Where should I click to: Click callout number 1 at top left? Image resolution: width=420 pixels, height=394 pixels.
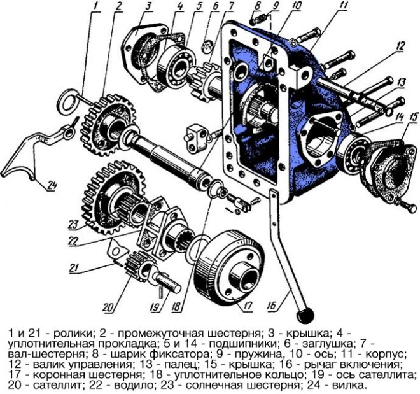[96, 8]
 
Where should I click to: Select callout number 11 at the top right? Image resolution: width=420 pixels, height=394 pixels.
[344, 8]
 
